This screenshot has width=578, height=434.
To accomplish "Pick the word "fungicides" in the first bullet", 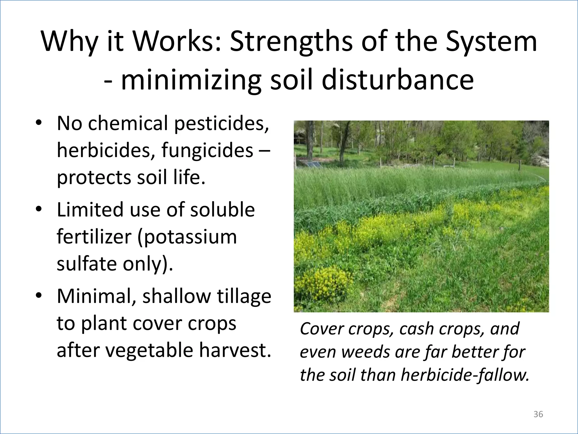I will (207, 150).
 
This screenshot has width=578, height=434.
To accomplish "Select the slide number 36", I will (538, 414).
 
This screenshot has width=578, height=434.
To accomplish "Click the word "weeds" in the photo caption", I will (365, 352).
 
